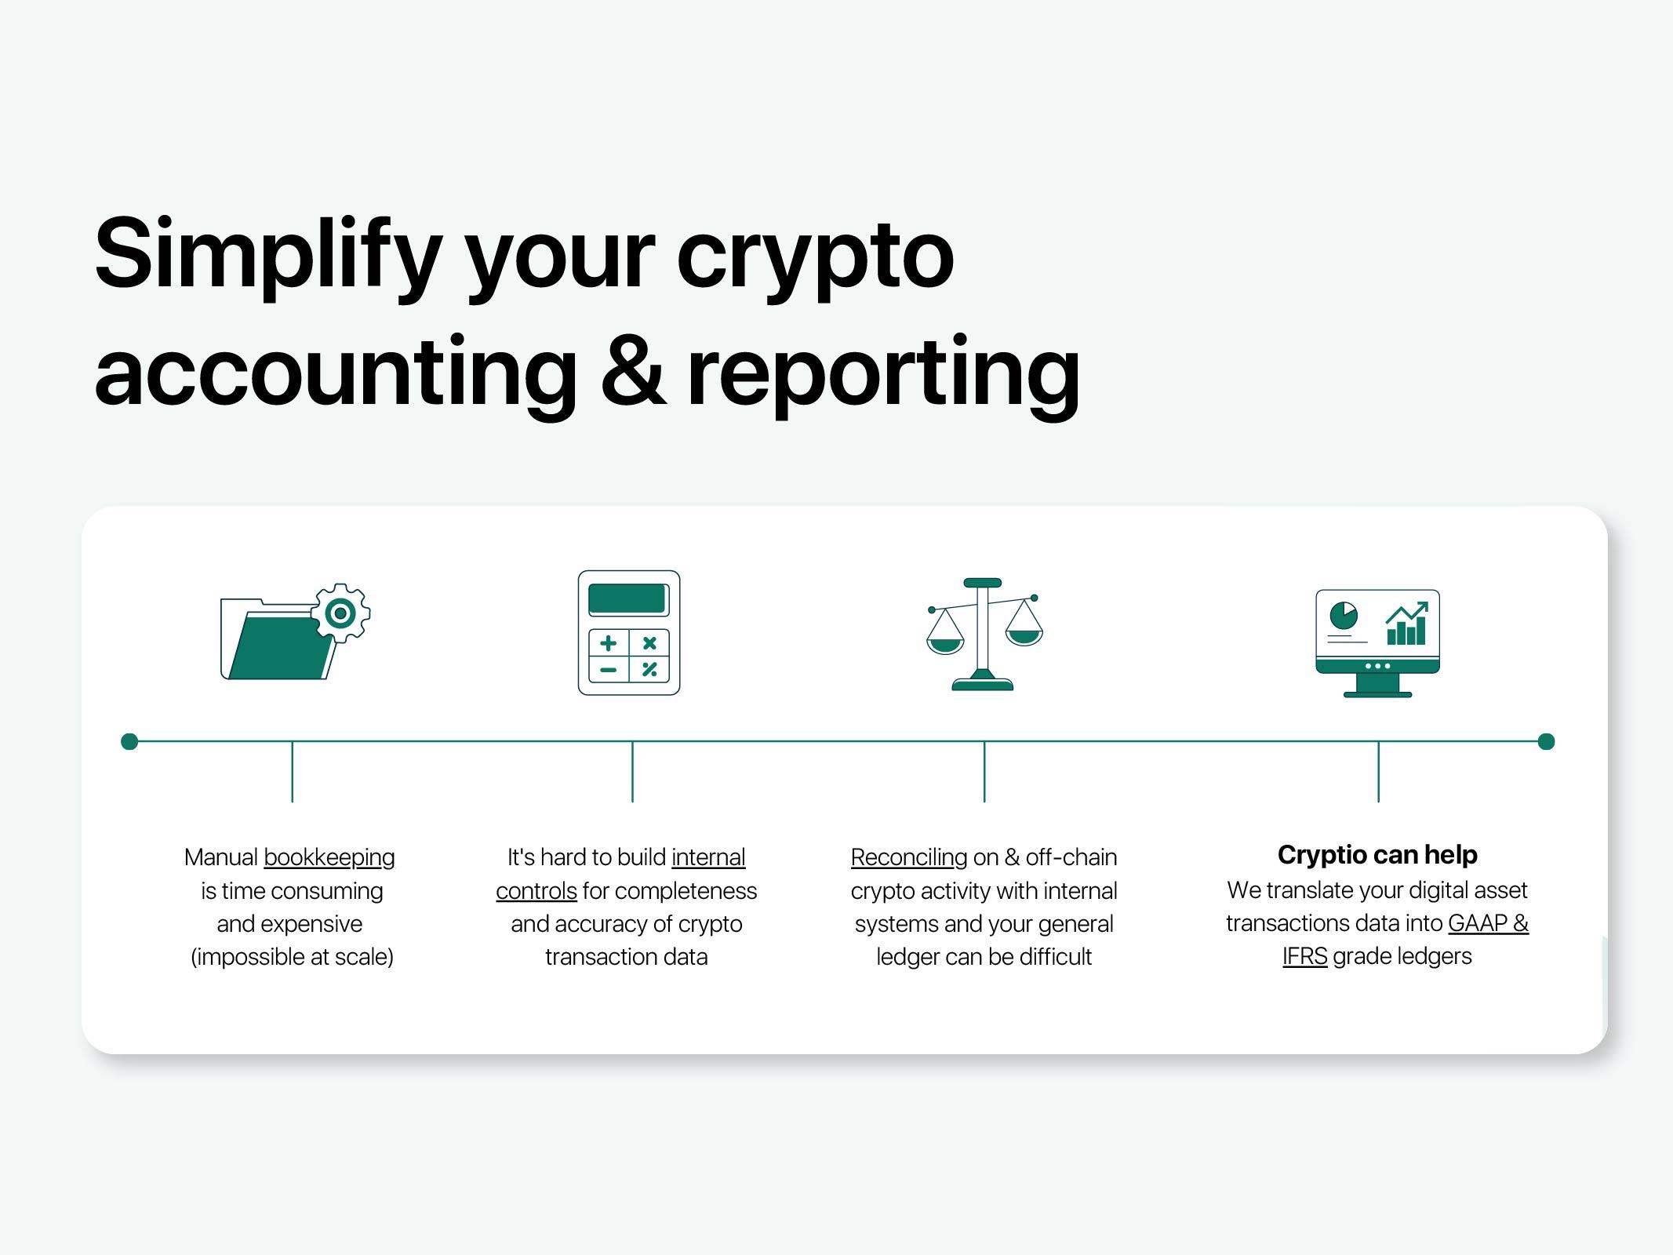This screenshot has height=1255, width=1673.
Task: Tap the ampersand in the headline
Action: tap(634, 369)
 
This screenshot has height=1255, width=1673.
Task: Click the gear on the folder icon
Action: tap(341, 613)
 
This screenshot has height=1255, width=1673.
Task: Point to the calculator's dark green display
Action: tap(627, 599)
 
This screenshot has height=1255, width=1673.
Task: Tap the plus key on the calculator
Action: tap(609, 643)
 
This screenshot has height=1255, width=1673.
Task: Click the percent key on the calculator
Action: tap(649, 669)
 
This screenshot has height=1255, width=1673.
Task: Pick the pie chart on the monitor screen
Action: tap(1344, 615)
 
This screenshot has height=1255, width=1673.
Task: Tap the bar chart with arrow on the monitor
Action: tap(1407, 624)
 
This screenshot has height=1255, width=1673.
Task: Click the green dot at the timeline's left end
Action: tap(130, 741)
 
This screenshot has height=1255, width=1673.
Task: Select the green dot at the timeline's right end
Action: tap(1546, 741)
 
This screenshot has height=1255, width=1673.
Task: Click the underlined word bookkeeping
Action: tap(329, 857)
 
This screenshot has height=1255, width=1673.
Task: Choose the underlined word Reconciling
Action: tap(909, 857)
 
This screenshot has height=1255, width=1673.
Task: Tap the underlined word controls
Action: tap(536, 891)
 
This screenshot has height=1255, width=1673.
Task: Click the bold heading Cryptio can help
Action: tap(1377, 855)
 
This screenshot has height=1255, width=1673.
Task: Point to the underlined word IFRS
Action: tap(1305, 956)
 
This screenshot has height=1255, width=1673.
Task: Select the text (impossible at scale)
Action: tap(292, 957)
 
